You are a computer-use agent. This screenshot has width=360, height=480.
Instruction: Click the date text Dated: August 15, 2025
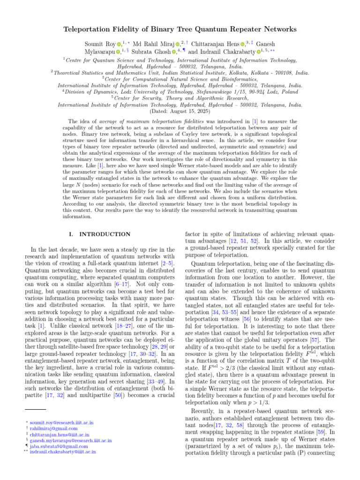(180, 112)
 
